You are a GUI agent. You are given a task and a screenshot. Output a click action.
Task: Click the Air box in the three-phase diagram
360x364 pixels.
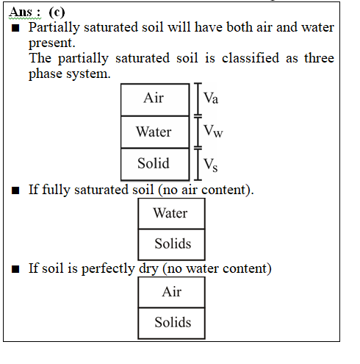click(x=155, y=99)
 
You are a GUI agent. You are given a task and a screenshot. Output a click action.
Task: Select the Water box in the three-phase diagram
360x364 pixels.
click(x=155, y=132)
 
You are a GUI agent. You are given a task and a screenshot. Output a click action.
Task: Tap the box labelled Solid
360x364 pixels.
click(x=155, y=164)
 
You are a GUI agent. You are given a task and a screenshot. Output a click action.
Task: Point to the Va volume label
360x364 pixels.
click(x=211, y=98)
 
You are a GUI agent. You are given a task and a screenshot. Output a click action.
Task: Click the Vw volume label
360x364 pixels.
click(x=213, y=131)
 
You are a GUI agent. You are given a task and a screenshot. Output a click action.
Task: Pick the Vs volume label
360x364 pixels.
click(x=211, y=165)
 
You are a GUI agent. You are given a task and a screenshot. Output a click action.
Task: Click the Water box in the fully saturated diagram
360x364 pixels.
click(x=171, y=213)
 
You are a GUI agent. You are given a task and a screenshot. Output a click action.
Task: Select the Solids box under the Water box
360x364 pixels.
click(x=171, y=244)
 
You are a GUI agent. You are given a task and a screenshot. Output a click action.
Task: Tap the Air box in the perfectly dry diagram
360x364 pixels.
click(x=171, y=292)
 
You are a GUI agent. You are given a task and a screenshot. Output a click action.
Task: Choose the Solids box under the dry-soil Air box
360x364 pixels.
click(x=171, y=323)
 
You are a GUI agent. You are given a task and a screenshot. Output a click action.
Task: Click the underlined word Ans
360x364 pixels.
click(x=21, y=12)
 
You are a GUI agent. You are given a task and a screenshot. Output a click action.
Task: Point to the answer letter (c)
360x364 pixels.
click(x=57, y=13)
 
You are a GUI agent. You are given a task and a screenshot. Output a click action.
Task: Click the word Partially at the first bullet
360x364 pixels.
click(x=54, y=27)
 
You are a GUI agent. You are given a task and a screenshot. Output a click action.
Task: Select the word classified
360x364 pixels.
click(x=251, y=58)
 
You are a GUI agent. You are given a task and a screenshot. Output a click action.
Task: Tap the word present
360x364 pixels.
click(x=51, y=43)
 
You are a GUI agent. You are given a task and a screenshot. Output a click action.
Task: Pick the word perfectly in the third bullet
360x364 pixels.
click(x=108, y=268)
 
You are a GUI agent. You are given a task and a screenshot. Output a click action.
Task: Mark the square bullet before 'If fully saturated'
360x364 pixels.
click(x=15, y=190)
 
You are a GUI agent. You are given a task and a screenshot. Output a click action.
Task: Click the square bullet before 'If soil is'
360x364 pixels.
click(x=15, y=269)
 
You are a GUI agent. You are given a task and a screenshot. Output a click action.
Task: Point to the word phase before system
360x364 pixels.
click(x=46, y=74)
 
